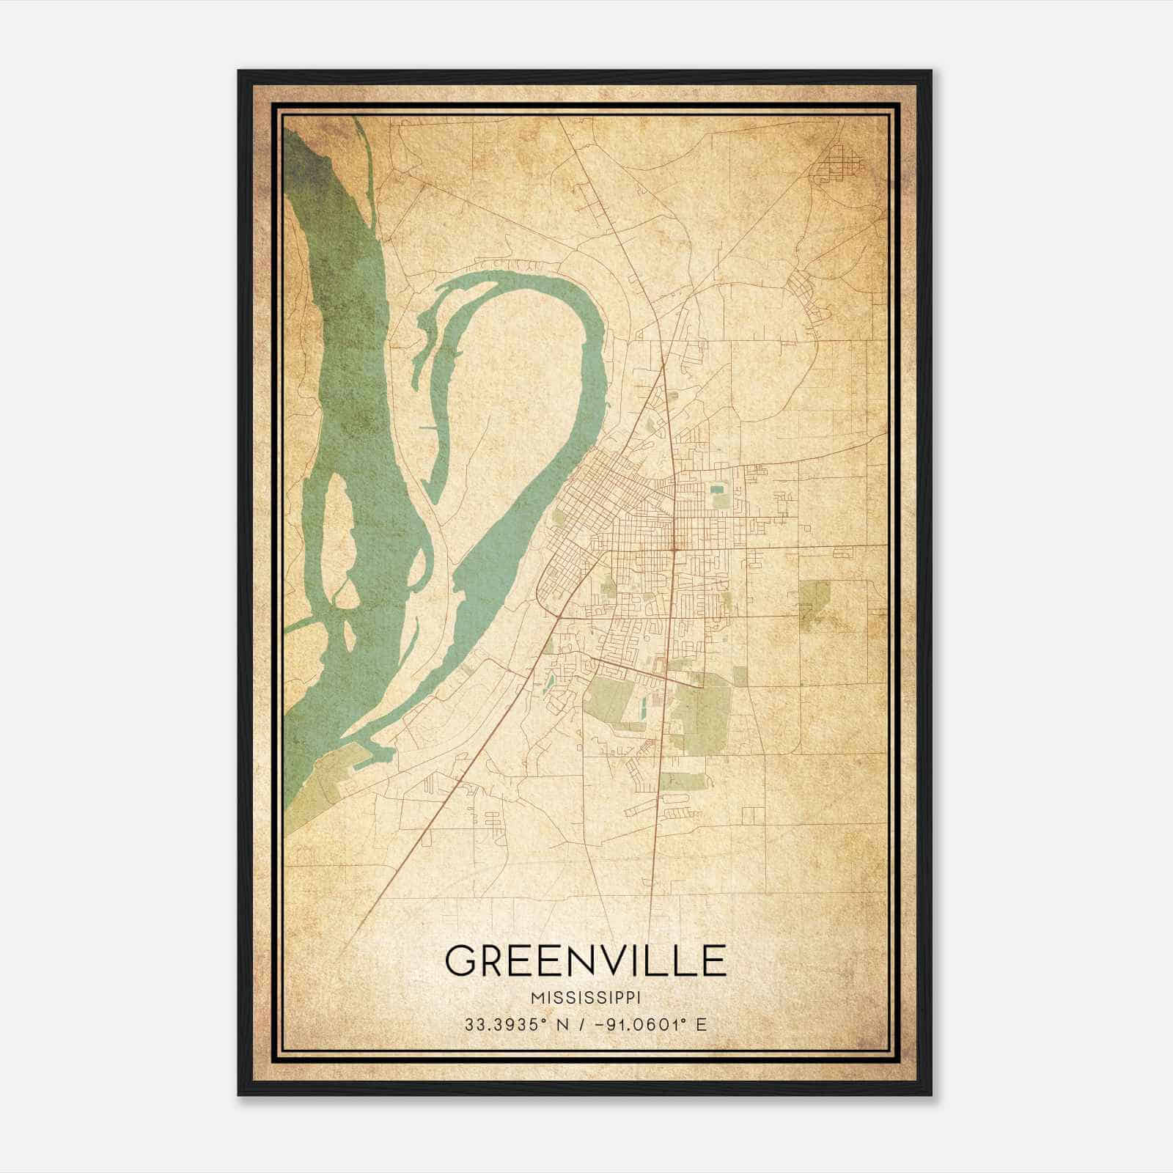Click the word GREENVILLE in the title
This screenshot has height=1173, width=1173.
[585, 960]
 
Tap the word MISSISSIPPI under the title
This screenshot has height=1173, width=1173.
[585, 998]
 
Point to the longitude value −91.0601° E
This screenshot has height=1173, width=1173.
[652, 1024]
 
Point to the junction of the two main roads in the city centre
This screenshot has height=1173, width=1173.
[673, 546]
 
